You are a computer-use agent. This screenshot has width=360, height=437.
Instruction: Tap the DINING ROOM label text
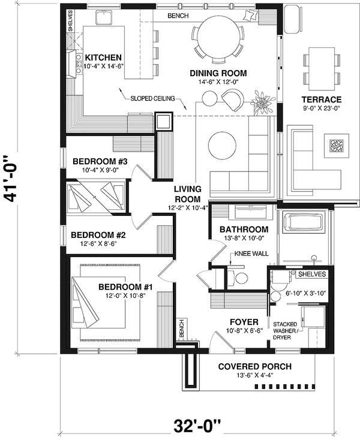coord(218,74)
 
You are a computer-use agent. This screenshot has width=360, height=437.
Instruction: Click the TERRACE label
coord(322,100)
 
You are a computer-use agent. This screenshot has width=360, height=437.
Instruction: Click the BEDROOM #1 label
coord(126,287)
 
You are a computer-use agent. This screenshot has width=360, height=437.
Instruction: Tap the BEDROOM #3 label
coord(101,161)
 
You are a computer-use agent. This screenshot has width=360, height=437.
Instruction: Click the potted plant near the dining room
coord(262,101)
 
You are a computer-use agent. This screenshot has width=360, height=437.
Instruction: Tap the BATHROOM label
coord(243,230)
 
